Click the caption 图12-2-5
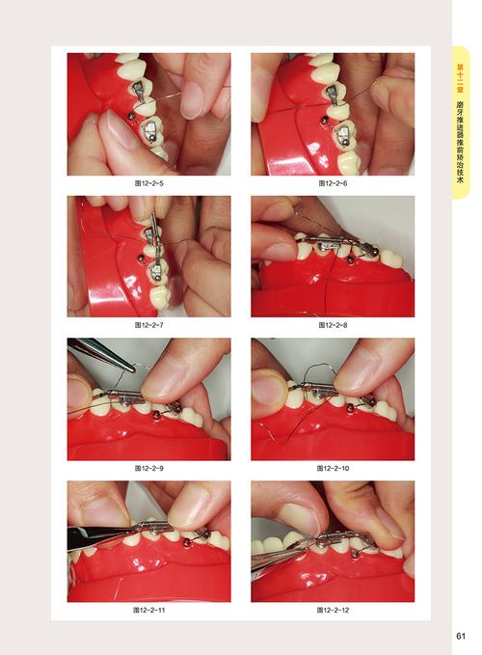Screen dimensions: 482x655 [148, 183]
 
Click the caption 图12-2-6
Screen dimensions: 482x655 [333, 183]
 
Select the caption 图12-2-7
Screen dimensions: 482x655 [148, 324]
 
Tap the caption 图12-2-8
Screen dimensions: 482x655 [333, 324]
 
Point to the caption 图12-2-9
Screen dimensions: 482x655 [148, 468]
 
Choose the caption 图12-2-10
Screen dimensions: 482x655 [333, 468]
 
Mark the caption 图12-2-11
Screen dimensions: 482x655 [148, 610]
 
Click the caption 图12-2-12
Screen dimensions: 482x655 [333, 610]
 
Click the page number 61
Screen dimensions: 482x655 [460, 636]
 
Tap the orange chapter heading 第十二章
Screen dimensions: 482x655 [460, 78]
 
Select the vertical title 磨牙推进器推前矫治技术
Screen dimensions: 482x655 [460, 143]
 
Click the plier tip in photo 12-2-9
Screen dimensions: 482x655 [132, 368]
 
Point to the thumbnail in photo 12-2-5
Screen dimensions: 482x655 [121, 130]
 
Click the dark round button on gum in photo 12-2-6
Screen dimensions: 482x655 [323, 121]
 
